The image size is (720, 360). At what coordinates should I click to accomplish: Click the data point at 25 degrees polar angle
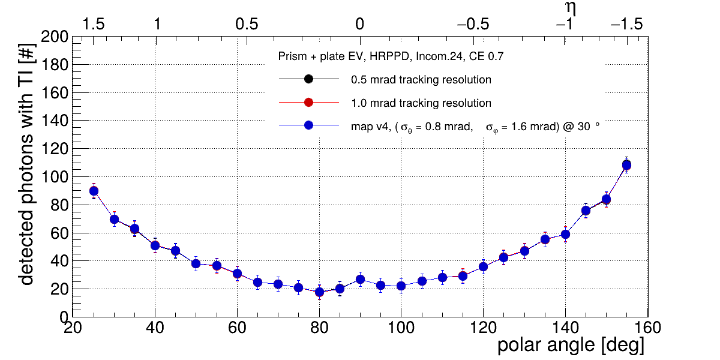[94, 191]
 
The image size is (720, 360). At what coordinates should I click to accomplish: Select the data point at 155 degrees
[626, 165]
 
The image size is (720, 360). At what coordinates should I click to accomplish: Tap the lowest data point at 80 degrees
[319, 292]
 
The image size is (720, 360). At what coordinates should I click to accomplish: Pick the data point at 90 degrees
[360, 279]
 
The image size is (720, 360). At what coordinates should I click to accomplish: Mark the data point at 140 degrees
[565, 234]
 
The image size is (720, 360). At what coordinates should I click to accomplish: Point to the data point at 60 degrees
[237, 274]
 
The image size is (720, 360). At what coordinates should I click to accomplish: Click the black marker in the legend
[308, 79]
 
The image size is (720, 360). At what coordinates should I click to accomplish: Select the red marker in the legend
[308, 103]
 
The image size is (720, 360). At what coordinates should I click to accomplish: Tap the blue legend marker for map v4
[308, 126]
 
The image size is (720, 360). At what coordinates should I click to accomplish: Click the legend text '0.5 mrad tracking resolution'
[421, 80]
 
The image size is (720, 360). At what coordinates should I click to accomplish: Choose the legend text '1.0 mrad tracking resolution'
[421, 103]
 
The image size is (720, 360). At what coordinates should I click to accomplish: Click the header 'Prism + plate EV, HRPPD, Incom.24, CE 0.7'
[391, 57]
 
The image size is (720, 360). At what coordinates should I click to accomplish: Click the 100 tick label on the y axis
[55, 177]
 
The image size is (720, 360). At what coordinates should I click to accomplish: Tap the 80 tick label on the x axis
[319, 328]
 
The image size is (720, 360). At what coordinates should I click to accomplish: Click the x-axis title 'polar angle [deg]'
[571, 346]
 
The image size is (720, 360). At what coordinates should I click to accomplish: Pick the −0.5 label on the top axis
[473, 25]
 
